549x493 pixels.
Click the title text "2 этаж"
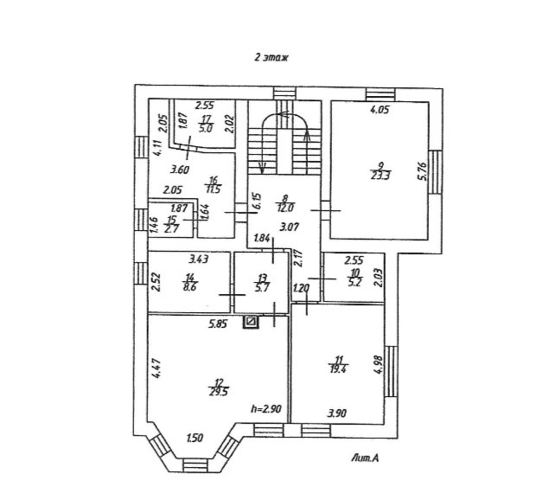[x=271, y=57]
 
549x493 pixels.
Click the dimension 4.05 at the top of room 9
[x=380, y=110]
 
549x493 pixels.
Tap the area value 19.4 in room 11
[x=337, y=368]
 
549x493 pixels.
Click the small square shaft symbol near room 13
[x=251, y=322]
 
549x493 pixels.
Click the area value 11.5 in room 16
[x=211, y=189]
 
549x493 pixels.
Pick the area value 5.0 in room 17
[x=207, y=130]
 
